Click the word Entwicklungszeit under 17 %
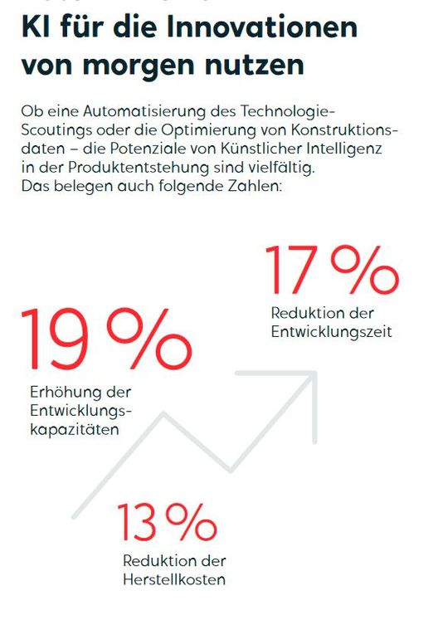[331, 332]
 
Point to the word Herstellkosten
[173, 579]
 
